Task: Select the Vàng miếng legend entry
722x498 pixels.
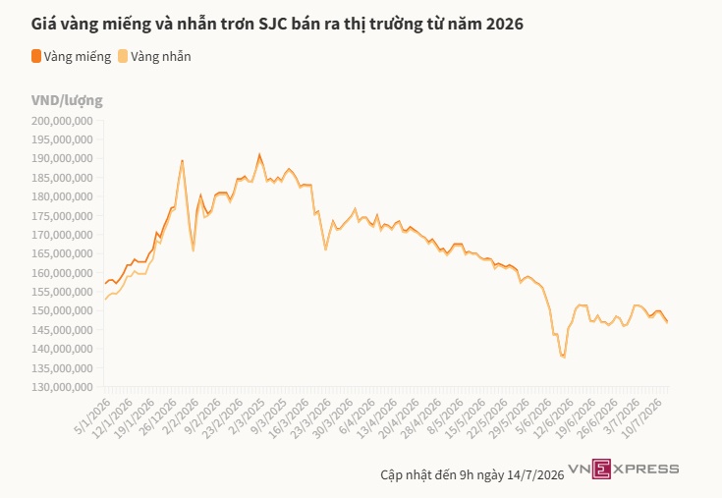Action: click(x=72, y=56)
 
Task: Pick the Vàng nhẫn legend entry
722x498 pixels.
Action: click(x=154, y=56)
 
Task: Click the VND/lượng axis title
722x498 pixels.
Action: click(x=67, y=100)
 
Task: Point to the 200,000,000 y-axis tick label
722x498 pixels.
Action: click(x=62, y=121)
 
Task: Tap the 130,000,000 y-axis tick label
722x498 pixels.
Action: click(x=62, y=387)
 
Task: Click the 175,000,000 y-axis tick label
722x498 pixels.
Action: click(x=62, y=216)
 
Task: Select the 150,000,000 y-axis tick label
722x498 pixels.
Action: click(x=62, y=310)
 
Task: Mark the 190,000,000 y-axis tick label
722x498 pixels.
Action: click(x=62, y=158)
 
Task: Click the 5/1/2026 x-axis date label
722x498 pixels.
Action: click(x=93, y=416)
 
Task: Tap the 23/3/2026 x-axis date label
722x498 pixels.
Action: click(x=312, y=417)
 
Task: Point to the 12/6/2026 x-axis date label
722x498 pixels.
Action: click(x=555, y=417)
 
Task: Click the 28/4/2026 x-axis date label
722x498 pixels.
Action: click(x=422, y=417)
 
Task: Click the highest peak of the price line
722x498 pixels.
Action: click(x=259, y=154)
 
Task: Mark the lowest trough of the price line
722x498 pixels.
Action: click(x=564, y=357)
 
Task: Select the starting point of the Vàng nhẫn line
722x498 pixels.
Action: click(x=105, y=300)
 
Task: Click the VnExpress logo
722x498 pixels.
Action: click(x=624, y=469)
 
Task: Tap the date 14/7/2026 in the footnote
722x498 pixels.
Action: click(x=535, y=475)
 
